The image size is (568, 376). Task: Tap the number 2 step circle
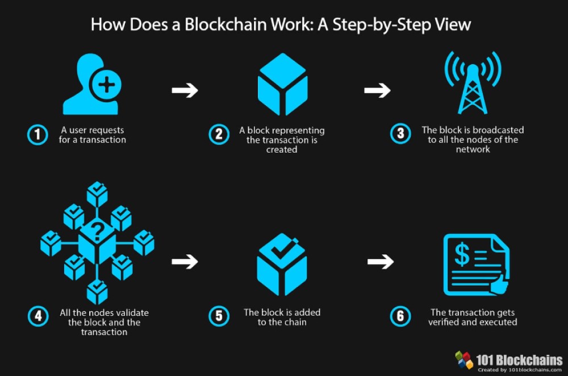point(218,135)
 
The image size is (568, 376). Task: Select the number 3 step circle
point(400,135)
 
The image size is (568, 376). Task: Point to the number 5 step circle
point(218,316)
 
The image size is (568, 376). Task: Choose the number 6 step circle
point(400,316)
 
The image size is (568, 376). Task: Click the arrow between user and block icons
point(185,90)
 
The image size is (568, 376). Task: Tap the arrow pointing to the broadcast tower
point(378,90)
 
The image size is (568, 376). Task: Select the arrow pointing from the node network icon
point(185,261)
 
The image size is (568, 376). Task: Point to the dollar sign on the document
point(462,255)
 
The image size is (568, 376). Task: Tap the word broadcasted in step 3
point(497,130)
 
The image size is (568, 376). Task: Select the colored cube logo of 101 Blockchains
point(464,360)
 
